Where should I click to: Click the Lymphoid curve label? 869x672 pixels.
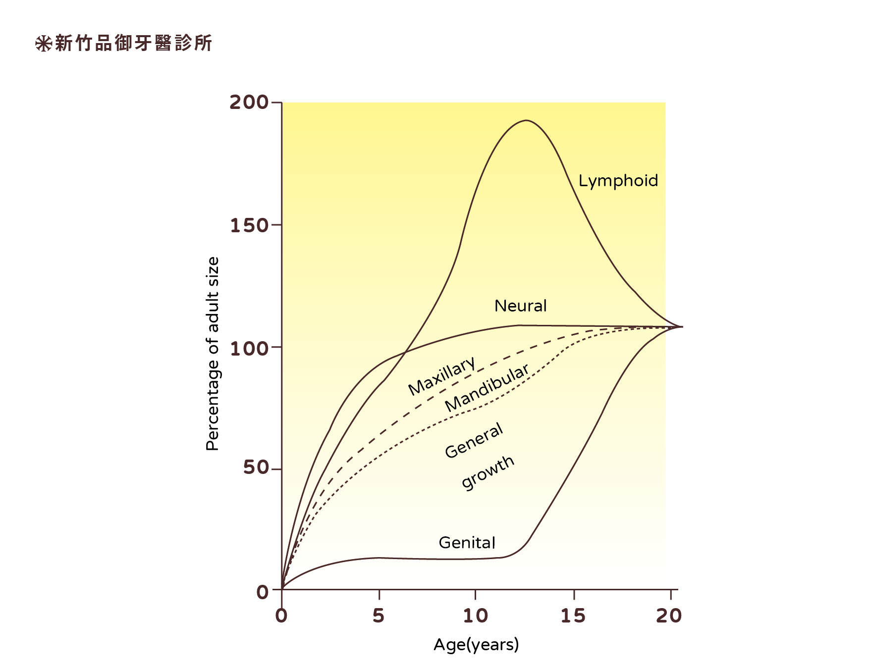tap(618, 181)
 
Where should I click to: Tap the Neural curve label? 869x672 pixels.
tap(520, 306)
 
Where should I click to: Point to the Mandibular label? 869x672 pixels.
tap(487, 388)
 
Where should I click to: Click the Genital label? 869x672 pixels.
tap(467, 543)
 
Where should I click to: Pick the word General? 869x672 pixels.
tap(474, 440)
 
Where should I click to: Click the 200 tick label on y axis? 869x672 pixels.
tap(248, 102)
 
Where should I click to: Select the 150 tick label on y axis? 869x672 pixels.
tap(249, 225)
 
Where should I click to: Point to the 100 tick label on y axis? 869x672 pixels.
tap(249, 348)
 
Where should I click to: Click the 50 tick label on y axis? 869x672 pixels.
tap(255, 467)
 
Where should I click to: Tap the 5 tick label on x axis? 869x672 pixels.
tap(379, 616)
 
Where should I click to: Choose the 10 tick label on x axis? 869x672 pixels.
tap(476, 616)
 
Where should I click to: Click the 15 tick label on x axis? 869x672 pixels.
tap(573, 616)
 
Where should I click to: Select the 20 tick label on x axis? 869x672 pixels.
tap(669, 616)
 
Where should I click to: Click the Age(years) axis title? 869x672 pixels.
tap(476, 644)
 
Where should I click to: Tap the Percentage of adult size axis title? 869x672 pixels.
tap(212, 354)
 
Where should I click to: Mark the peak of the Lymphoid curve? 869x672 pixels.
tap(526, 120)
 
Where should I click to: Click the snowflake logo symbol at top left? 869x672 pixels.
tap(43, 44)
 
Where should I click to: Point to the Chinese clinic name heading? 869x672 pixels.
tap(133, 43)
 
